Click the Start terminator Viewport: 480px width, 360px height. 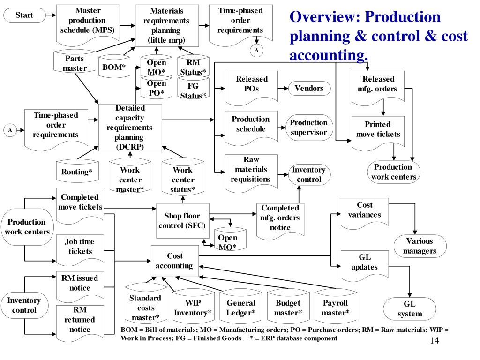tap(24, 15)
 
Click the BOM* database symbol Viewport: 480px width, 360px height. tap(114, 67)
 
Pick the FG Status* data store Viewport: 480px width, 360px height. tap(193, 90)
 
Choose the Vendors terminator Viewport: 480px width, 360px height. tap(309, 88)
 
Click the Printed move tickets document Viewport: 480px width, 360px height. tap(378, 129)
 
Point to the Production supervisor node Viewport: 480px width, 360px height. tap(308, 127)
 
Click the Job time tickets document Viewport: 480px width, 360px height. tap(79, 247)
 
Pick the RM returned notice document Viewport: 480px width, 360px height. tap(79, 320)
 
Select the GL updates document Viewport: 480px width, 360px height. tap(364, 263)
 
